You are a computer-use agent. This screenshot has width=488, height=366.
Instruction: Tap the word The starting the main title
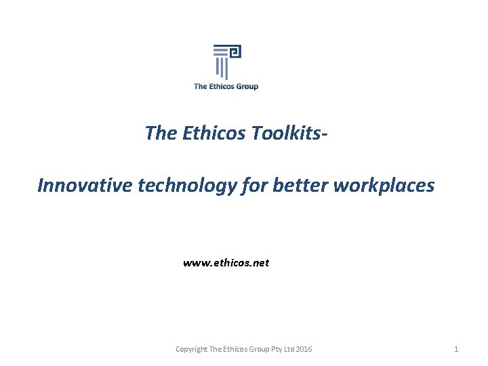click(x=161, y=133)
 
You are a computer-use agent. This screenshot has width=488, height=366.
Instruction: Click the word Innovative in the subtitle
click(x=85, y=185)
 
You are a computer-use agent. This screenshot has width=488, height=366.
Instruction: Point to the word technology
click(x=187, y=185)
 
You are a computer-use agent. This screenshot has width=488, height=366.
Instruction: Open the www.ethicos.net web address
click(x=226, y=262)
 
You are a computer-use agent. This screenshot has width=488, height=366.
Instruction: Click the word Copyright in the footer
click(x=191, y=349)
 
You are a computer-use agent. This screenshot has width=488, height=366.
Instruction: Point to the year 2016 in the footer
click(x=304, y=349)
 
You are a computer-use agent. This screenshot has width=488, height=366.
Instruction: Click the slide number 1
click(x=456, y=349)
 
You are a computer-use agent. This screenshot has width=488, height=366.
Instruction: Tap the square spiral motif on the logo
click(x=235, y=52)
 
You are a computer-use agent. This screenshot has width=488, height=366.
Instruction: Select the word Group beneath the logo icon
click(x=246, y=86)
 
